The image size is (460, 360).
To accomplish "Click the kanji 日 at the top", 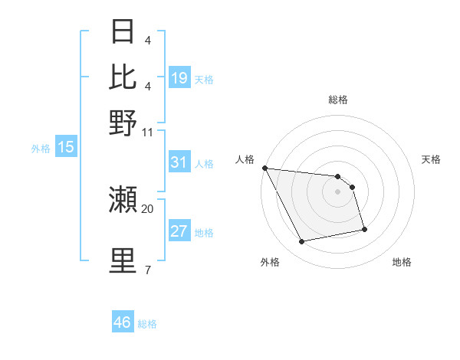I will pos(123,31).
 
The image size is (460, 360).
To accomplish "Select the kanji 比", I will pos(123,77).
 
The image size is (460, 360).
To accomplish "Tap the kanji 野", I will pos(123,122).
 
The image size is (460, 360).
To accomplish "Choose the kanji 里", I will pos(123,260).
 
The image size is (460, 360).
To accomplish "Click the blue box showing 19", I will pos(179,78).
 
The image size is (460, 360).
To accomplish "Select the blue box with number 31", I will pos(179,162).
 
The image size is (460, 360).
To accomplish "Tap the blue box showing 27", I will pos(179,231).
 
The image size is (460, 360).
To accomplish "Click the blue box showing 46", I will pos(123,322).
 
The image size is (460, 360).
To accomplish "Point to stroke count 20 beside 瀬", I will pos(148,208).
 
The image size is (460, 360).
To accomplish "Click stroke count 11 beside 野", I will pos(148,131).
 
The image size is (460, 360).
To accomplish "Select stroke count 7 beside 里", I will pos(148,270).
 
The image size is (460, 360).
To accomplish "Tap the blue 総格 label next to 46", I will pos(147,324).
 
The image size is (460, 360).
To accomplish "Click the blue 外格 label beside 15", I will pos(41,149).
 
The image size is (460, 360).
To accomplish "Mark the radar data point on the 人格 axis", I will pos(264,168).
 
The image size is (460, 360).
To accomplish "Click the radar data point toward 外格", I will pos(302,242).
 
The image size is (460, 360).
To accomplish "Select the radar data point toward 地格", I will pos(364,229).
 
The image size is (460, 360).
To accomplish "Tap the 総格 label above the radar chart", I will pos(338,100).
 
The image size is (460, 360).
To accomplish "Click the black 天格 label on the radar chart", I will pos(432,159).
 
